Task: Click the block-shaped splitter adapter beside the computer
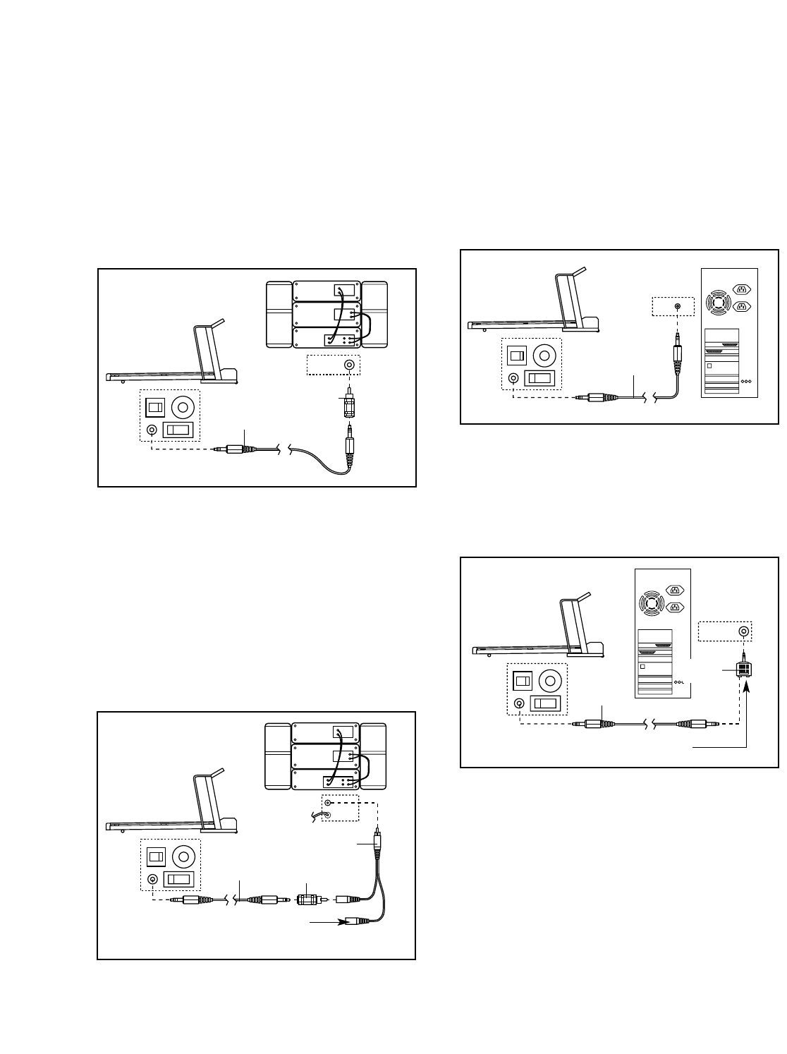743,669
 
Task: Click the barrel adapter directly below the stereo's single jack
348,407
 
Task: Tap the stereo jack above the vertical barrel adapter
349,365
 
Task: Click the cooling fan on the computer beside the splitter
652,604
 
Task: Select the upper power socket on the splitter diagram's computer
675,590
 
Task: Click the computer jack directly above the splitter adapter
743,631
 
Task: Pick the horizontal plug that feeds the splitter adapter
694,723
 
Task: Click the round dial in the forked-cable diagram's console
183,856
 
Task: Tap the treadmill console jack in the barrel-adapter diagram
151,430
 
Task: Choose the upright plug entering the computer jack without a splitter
678,353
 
